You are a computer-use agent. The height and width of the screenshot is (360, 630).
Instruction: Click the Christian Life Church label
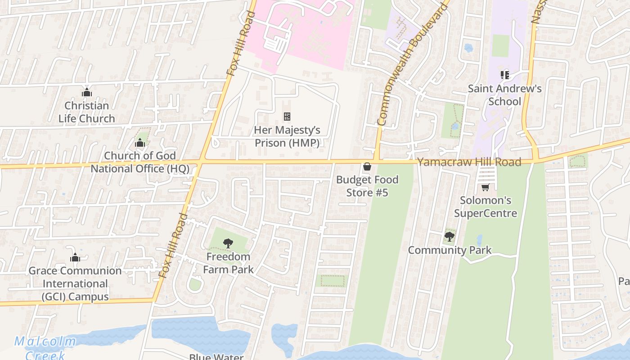[86, 112]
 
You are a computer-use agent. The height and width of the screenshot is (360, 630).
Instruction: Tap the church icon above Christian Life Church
[86, 93]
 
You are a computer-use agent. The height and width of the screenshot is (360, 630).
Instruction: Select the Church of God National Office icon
[139, 143]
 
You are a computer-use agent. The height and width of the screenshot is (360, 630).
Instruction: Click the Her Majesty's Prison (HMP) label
[287, 136]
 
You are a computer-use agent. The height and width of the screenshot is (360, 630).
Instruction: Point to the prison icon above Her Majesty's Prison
[287, 117]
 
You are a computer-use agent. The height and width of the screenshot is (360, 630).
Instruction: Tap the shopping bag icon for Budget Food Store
[367, 167]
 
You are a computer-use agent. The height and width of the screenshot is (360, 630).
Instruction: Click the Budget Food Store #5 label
[367, 186]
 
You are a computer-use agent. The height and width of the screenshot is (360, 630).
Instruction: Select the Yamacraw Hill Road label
[469, 162]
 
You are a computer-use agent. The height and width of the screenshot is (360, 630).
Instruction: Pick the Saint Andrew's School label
[504, 94]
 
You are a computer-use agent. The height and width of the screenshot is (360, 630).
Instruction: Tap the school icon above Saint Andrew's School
[504, 75]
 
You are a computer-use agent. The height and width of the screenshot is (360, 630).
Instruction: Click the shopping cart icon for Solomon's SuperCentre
[485, 187]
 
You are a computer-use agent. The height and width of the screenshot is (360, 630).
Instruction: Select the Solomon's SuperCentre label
[485, 207]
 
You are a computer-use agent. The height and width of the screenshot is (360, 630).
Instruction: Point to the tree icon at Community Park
[449, 236]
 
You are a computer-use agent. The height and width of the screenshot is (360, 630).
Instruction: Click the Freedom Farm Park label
[228, 263]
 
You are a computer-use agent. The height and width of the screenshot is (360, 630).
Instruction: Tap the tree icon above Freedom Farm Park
[228, 243]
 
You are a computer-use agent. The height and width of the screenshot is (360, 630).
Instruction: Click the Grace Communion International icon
[75, 258]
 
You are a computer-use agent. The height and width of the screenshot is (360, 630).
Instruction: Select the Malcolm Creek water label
[45, 347]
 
